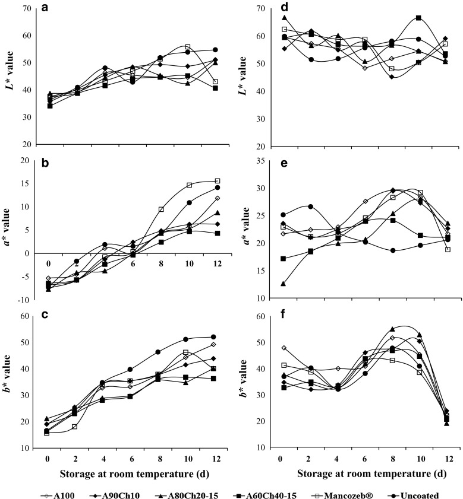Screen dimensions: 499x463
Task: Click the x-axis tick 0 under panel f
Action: (279, 459)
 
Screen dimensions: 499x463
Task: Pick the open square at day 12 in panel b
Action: (218, 181)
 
